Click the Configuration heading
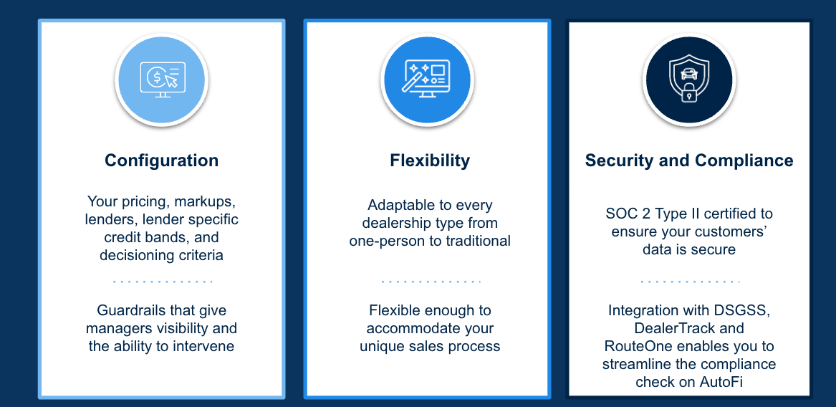pyautogui.click(x=162, y=161)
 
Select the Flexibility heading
pyautogui.click(x=430, y=161)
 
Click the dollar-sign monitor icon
pyautogui.click(x=162, y=80)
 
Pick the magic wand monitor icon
pyautogui.click(x=428, y=79)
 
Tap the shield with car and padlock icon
pyautogui.click(x=689, y=80)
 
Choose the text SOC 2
pyautogui.click(x=625, y=214)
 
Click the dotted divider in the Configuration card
pyautogui.click(x=163, y=281)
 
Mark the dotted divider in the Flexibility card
pyautogui.click(x=431, y=281)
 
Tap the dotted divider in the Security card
pyautogui.click(x=690, y=281)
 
